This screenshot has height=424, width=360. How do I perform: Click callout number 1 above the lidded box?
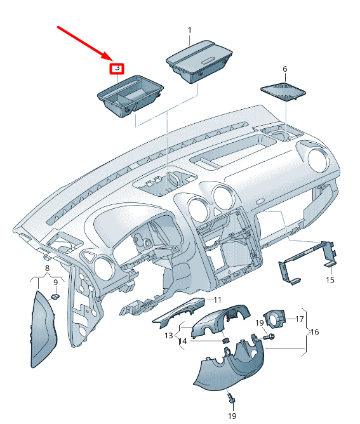pyautogui.click(x=190, y=30)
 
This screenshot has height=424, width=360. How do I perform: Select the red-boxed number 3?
pyautogui.click(x=117, y=69)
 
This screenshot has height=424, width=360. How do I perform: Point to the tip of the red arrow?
pyautogui.click(x=112, y=60)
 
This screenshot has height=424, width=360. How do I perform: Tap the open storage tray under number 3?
pyautogui.click(x=131, y=96)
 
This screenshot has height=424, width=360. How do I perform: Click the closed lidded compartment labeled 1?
pyautogui.click(x=199, y=62)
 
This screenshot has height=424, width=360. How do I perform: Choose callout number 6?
pyautogui.click(x=285, y=69)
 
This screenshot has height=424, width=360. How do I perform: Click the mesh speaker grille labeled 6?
pyautogui.click(x=283, y=91)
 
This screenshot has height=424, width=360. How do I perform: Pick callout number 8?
pyautogui.click(x=48, y=268)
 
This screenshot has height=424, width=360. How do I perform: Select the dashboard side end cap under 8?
pyautogui.click(x=44, y=329)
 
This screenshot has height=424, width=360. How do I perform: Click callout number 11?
pyautogui.click(x=217, y=300)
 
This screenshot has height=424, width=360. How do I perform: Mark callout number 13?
pyautogui.click(x=168, y=335)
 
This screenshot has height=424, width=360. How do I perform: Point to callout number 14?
pyautogui.click(x=183, y=341)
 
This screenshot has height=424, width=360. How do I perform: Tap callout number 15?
pyautogui.click(x=330, y=280)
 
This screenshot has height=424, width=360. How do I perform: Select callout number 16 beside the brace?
pyautogui.click(x=314, y=331)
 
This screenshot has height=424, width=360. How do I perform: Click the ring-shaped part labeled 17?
pyautogui.click(x=274, y=318)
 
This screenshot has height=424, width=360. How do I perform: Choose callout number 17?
pyautogui.click(x=300, y=319)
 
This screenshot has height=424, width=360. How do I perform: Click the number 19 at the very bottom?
pyautogui.click(x=232, y=416)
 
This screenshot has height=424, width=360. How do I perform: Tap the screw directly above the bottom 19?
pyautogui.click(x=232, y=398)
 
